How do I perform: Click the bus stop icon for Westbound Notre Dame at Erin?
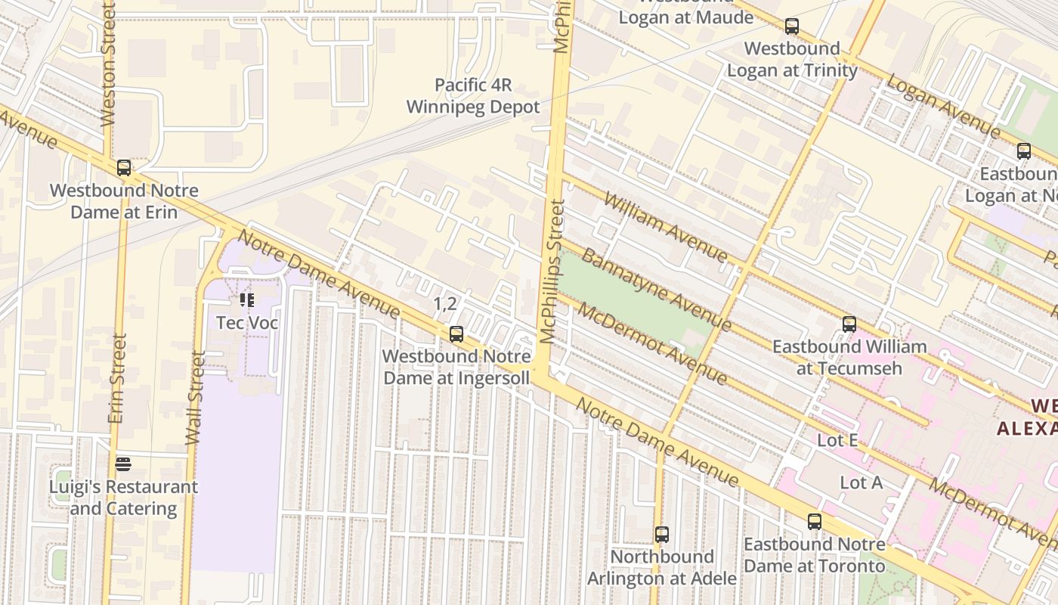[x=124, y=168]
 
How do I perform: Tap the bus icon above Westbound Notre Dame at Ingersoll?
[x=456, y=334]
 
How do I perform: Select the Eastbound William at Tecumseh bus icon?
[x=849, y=324]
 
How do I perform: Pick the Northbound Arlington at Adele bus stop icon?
[x=662, y=535]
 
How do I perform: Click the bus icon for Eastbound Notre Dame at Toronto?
[x=815, y=522]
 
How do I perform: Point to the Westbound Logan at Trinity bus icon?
[x=792, y=26]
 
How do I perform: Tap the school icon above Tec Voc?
[x=247, y=300]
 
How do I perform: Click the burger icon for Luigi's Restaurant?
[x=124, y=464]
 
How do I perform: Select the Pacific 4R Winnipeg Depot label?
[x=473, y=96]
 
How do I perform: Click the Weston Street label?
[x=108, y=64]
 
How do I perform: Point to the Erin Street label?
[x=116, y=378]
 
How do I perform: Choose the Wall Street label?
[x=195, y=398]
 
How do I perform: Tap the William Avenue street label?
[x=666, y=227]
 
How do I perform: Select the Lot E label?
[x=838, y=440]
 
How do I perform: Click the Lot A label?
[x=861, y=482]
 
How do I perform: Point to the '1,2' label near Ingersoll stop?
[x=445, y=304]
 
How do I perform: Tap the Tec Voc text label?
[x=247, y=323]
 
